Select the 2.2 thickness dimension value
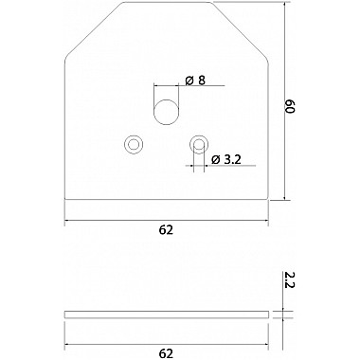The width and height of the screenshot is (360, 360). [x=291, y=280]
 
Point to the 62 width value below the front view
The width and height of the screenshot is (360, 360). [x=167, y=230]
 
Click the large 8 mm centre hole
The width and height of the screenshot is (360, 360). [x=166, y=108]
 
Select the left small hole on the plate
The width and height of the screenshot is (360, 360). [x=133, y=143]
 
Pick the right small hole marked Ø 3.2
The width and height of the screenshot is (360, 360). [x=198, y=143]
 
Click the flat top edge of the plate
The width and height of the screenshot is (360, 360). [x=167, y=4]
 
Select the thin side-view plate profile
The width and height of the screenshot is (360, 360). [x=167, y=313]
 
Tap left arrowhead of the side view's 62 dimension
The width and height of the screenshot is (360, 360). [x=67, y=344]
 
